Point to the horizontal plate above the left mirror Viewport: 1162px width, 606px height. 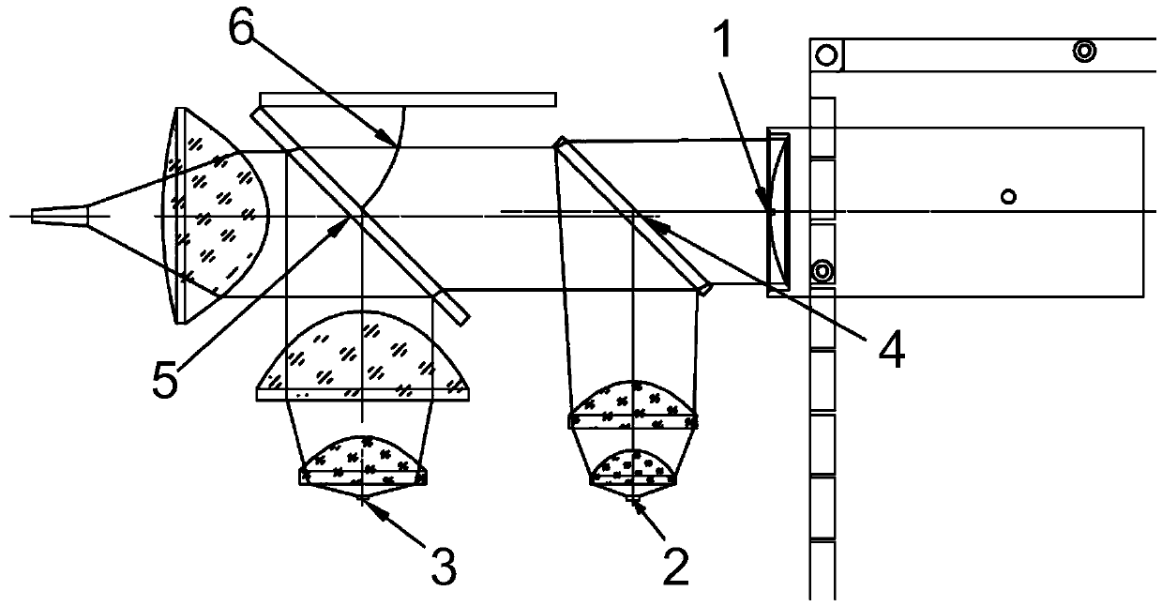(x=408, y=98)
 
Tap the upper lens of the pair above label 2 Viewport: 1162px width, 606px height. (x=633, y=404)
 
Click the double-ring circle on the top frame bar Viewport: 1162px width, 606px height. (x=1085, y=52)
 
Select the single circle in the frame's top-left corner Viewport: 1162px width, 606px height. (x=825, y=54)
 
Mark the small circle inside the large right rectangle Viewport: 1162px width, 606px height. (x=1008, y=196)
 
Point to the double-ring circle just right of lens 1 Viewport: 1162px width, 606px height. (x=822, y=271)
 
